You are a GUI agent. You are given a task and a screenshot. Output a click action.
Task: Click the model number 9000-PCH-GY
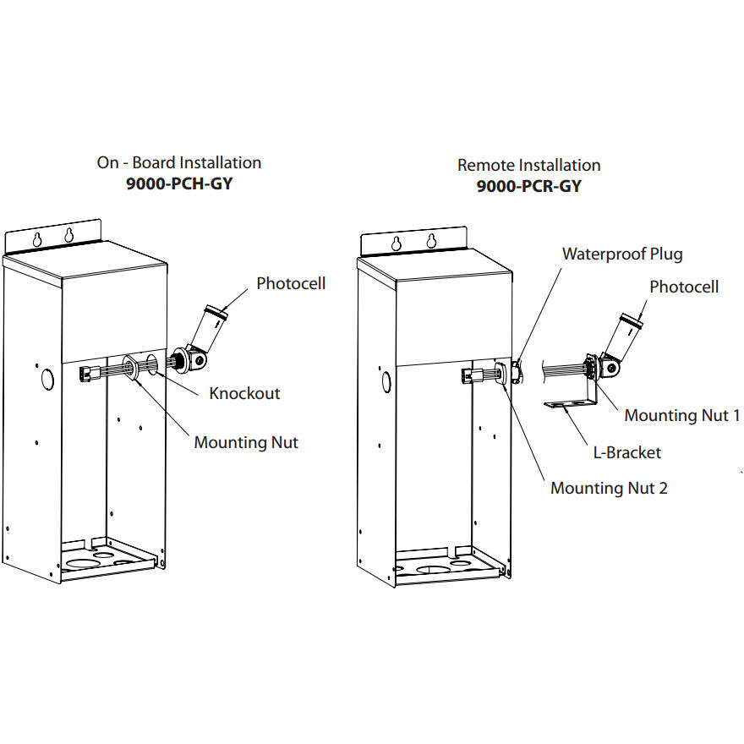click(x=178, y=183)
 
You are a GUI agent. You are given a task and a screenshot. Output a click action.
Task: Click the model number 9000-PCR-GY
click(x=528, y=186)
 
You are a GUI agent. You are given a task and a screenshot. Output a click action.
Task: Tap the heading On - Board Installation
click(x=178, y=162)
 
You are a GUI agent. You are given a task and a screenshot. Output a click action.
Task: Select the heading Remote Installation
click(x=528, y=165)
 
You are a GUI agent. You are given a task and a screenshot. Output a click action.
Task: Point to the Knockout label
click(x=244, y=393)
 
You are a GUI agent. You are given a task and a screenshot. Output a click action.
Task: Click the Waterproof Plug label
click(x=621, y=254)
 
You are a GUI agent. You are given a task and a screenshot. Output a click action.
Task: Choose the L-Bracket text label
click(x=627, y=452)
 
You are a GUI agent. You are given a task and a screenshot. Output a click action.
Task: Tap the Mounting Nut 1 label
click(x=681, y=415)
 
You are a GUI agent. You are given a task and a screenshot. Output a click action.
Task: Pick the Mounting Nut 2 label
click(x=609, y=488)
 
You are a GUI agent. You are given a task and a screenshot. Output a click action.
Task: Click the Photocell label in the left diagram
click(x=291, y=283)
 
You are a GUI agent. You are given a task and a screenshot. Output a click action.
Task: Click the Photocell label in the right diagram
click(x=683, y=287)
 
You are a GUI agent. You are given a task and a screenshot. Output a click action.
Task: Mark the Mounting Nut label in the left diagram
click(x=246, y=442)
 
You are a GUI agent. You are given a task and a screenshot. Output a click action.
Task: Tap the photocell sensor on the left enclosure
click(x=207, y=325)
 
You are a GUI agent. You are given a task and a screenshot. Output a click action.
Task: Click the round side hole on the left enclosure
click(x=47, y=378)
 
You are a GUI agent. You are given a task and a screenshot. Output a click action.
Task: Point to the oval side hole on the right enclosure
click(x=386, y=382)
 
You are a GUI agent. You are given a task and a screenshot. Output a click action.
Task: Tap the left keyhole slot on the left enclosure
click(x=37, y=239)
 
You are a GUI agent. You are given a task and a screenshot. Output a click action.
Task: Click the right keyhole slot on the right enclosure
click(x=431, y=241)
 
